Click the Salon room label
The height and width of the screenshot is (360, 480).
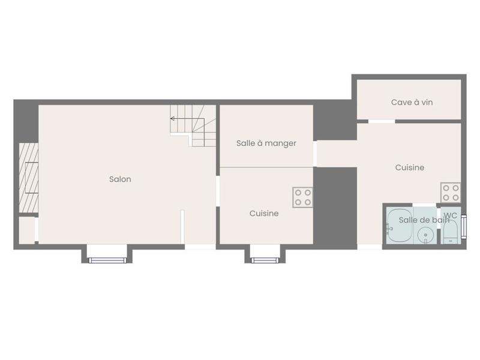pos(120,179)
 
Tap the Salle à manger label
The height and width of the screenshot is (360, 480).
pos(266,143)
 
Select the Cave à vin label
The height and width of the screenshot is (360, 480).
pos(412,103)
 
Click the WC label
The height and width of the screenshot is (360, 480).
pos(451,215)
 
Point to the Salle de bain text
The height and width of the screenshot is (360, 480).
pos(424,220)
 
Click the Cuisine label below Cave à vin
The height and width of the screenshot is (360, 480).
pos(410,167)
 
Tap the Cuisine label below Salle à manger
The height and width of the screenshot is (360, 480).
pos(264,213)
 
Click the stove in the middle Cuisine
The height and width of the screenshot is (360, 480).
pos(302,197)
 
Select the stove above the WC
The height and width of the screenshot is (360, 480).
pos(451,192)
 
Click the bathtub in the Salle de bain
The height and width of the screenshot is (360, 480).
pos(399,225)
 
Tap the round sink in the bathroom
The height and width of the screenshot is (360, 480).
pos(425,234)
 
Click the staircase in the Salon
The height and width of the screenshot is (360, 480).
pos(193,125)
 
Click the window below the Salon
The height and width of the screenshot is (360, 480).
pos(106,260)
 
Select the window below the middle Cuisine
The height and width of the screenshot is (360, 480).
pos(265,260)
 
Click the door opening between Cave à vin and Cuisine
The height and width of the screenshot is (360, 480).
pos(382,121)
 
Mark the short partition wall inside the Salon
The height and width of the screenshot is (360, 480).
pos(182,227)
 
